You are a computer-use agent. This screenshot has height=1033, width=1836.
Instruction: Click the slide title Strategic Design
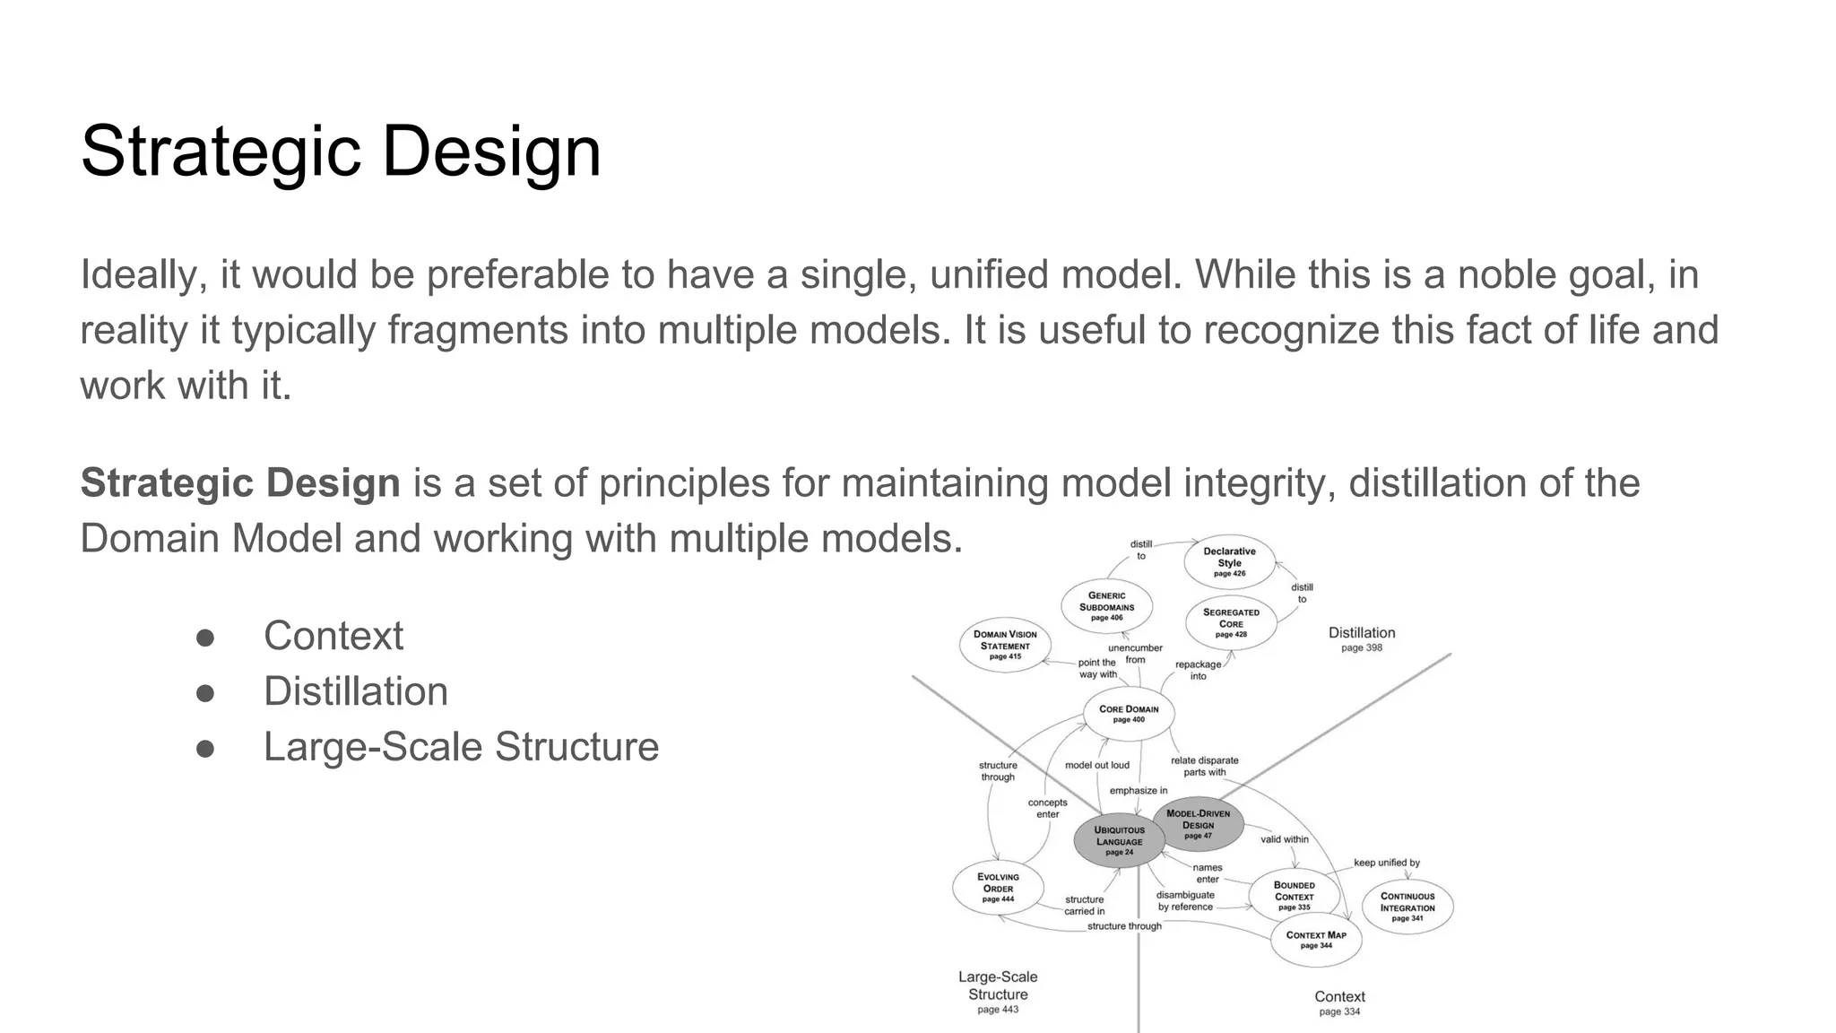coord(341,151)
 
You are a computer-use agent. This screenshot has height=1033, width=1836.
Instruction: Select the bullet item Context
coord(333,636)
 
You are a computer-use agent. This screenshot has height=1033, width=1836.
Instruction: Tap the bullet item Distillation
coord(355,691)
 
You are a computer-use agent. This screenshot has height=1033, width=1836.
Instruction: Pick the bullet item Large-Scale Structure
coord(461,747)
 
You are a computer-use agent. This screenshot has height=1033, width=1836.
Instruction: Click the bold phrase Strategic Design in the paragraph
coord(240,483)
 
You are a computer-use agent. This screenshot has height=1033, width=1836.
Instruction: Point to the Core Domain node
coord(1129,714)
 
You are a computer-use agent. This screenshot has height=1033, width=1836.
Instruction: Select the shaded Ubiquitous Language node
coord(1119,841)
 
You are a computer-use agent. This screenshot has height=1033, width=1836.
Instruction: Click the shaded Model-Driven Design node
coord(1198,824)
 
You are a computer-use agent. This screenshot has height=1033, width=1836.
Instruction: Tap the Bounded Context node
coord(1294,895)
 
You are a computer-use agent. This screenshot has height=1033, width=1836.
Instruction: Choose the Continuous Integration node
coord(1407,907)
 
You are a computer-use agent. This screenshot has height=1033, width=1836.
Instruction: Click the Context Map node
coord(1316,939)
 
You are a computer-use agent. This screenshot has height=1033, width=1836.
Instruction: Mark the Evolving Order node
coord(998,888)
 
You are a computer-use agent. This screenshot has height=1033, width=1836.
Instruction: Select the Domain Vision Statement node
coord(1005,645)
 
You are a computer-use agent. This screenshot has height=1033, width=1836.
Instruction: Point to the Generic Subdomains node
coord(1106,606)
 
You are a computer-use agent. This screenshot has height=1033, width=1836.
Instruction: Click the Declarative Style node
coord(1229,561)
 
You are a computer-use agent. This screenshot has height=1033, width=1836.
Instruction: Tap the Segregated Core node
coord(1231,622)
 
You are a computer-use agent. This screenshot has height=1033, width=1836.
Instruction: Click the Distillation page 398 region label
coord(1361,638)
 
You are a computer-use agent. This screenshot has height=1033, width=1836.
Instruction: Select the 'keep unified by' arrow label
coord(1386,863)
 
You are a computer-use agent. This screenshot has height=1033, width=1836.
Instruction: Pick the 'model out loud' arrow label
coord(1096,765)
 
